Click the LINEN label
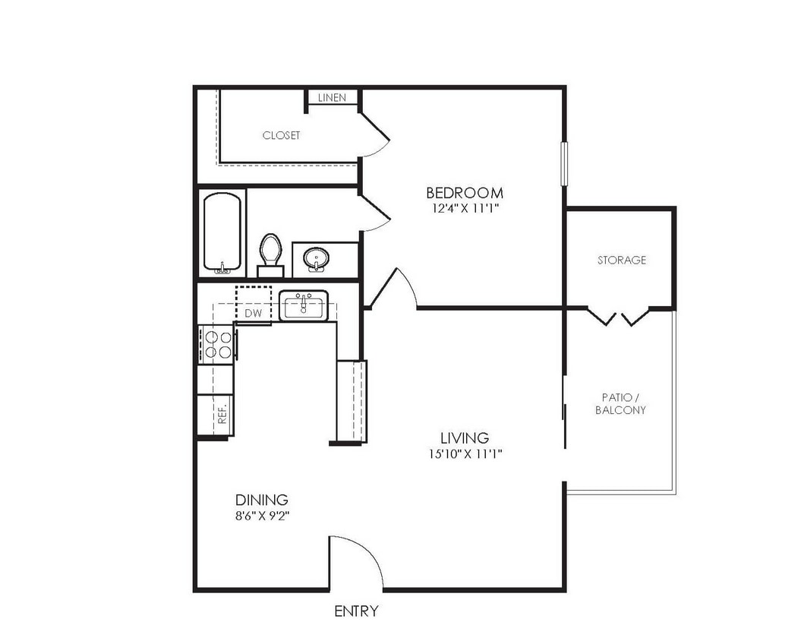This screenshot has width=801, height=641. click(x=332, y=98)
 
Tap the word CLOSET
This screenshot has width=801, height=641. click(x=281, y=135)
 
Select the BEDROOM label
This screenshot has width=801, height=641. click(x=464, y=193)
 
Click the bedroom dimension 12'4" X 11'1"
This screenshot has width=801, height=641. click(x=464, y=207)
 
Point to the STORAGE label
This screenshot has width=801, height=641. click(x=621, y=260)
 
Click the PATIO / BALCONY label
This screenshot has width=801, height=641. click(x=620, y=403)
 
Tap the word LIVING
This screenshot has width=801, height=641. click(x=464, y=438)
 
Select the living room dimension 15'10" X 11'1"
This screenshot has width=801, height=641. click(x=464, y=454)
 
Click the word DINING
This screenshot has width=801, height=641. click(x=261, y=500)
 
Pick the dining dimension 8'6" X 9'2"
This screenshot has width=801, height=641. click(x=261, y=515)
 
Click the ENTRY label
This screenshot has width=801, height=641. click(x=356, y=611)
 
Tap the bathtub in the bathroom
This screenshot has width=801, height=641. click(x=222, y=232)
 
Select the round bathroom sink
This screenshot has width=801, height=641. click(x=316, y=259)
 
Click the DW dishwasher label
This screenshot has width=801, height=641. click(x=253, y=313)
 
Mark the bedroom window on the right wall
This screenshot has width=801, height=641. click(x=563, y=163)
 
